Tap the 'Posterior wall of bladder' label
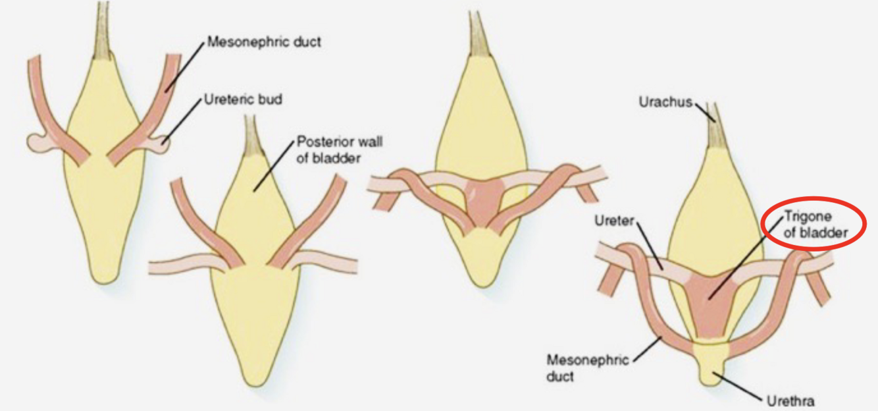click(329, 150)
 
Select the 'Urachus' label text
click(664, 101)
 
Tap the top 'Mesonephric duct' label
click(264, 42)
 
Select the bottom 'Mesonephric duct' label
click(580, 368)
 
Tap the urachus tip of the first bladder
click(103, 26)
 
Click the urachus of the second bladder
click(251, 135)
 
